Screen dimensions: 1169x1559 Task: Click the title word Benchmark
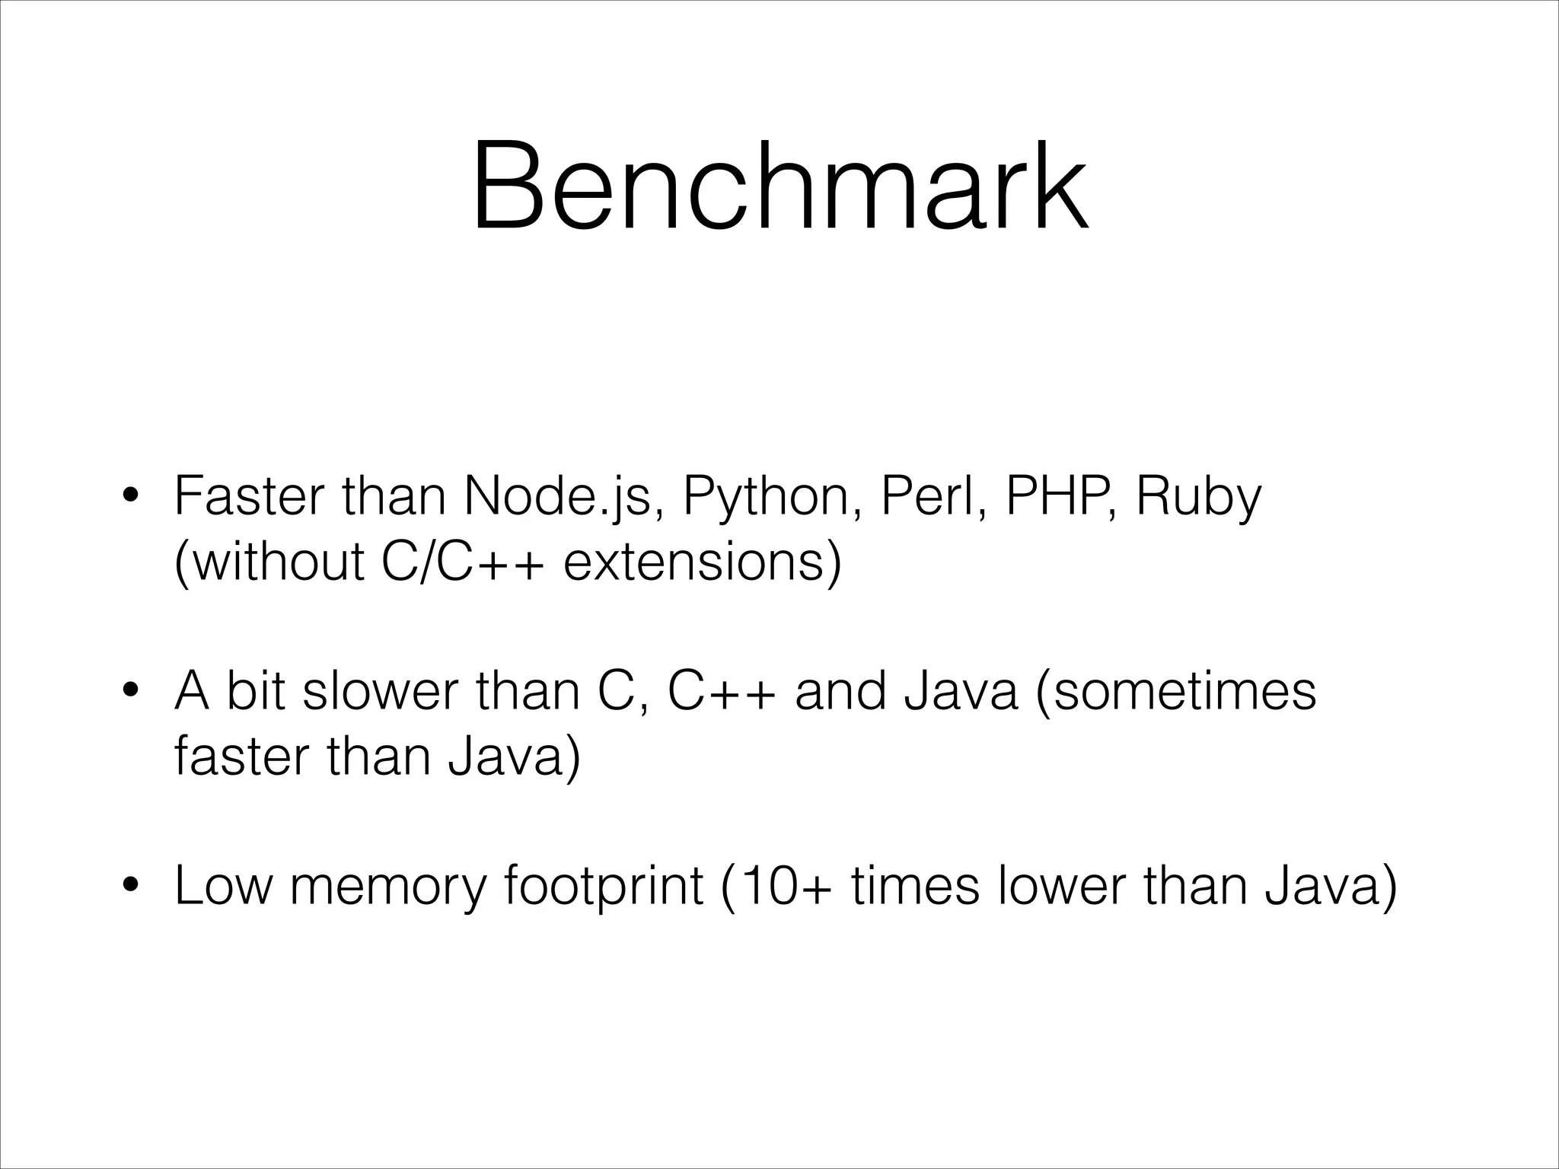pos(779,186)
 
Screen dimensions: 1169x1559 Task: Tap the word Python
pos(773,498)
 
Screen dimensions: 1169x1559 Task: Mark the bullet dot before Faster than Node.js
pos(131,498)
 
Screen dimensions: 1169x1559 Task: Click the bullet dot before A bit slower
pos(131,693)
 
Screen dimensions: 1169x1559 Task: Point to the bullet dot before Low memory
pos(131,887)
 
